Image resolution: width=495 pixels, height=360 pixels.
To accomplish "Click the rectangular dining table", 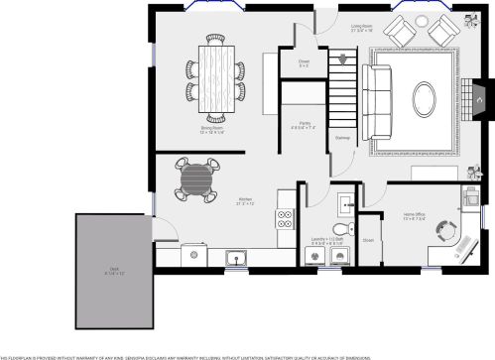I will tap(214, 75).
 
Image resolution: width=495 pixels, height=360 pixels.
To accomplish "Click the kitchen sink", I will tap(237, 260).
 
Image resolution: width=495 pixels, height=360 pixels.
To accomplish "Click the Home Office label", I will tap(416, 215).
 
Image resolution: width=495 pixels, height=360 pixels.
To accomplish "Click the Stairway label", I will tap(342, 137).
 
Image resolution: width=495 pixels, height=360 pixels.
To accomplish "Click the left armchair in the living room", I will tap(398, 33).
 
